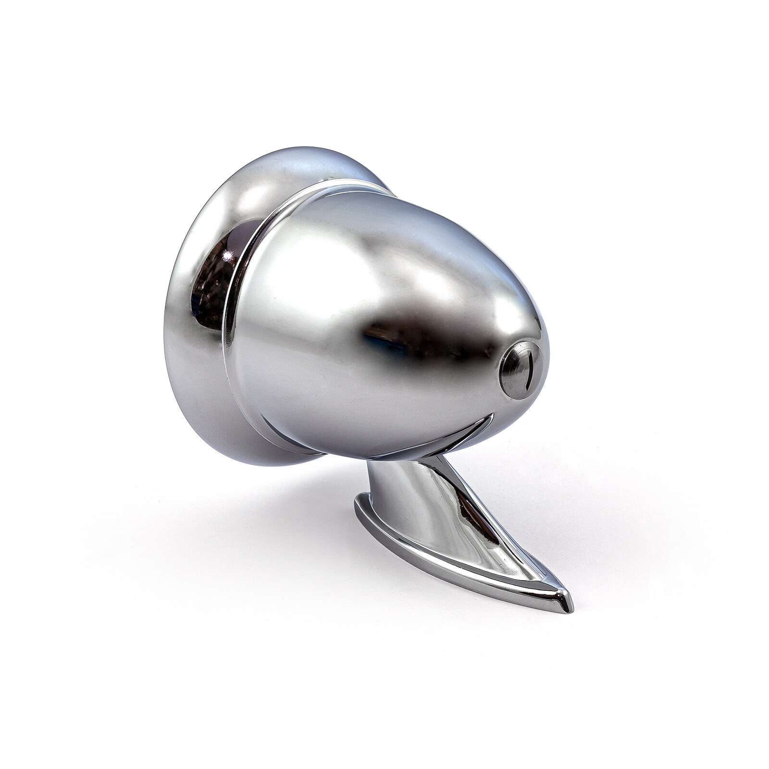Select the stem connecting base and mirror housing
[409, 485]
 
